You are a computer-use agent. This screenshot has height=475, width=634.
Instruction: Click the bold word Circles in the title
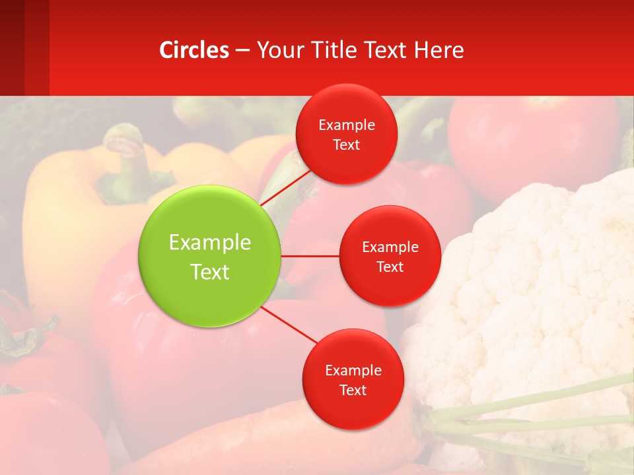pyautogui.click(x=194, y=49)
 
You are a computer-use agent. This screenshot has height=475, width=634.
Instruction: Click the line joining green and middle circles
pyautogui.click(x=310, y=255)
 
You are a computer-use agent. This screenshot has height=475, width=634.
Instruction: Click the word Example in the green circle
pyautogui.click(x=210, y=242)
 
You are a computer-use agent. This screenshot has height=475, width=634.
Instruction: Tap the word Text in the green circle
pyautogui.click(x=210, y=272)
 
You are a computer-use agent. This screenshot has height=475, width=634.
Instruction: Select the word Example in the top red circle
pyautogui.click(x=346, y=125)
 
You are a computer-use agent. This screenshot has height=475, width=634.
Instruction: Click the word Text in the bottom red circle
pyautogui.click(x=353, y=390)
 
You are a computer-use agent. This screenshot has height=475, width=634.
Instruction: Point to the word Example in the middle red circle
pyautogui.click(x=390, y=247)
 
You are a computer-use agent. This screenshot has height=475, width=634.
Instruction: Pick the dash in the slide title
pyautogui.click(x=242, y=50)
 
